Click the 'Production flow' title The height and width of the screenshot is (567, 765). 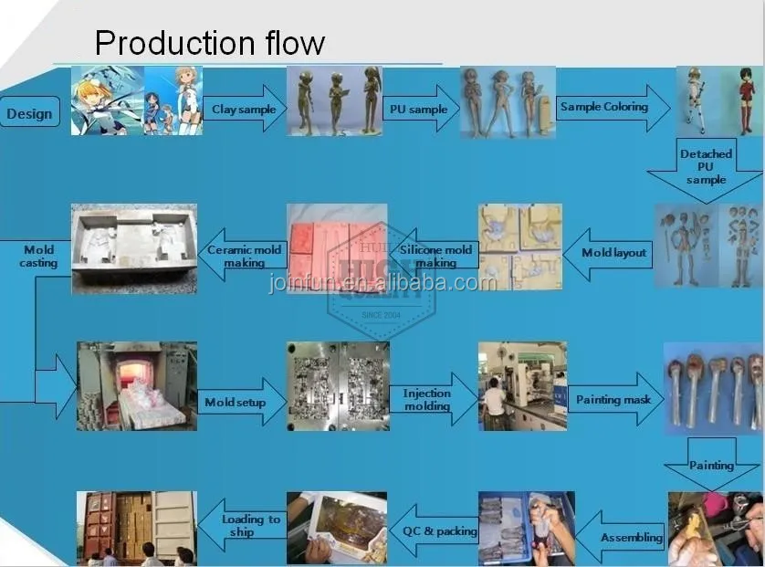pos(210,43)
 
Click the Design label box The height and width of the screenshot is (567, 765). pos(30,111)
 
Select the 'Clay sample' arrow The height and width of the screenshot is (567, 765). pos(244,109)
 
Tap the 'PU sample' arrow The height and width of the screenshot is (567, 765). pos(421,109)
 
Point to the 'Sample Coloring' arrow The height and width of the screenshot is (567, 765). pos(613,108)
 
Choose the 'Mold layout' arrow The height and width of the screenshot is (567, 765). pos(608,254)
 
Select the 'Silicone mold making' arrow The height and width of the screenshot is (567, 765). pos(435,256)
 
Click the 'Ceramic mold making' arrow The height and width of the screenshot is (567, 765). pos(243,256)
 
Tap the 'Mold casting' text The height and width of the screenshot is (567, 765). pos(38,257)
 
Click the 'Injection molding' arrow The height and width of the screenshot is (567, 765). pos(434,399)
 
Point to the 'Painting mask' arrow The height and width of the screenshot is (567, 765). pos(615,399)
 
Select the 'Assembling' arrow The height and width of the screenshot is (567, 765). pos(620,537)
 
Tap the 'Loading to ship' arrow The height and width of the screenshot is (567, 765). pos(242,525)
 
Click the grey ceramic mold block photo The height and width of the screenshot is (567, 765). pos(134,249)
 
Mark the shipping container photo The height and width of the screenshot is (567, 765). pos(137,529)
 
